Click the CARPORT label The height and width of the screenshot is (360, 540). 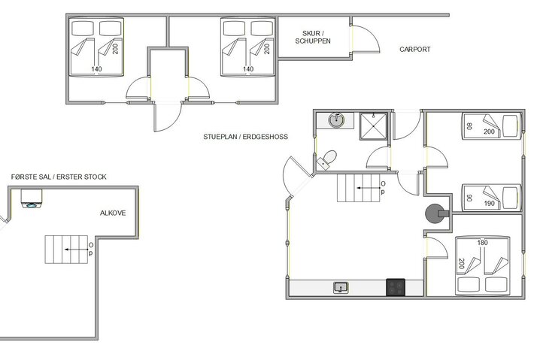(414, 49)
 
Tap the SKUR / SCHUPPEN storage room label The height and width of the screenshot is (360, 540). (313, 37)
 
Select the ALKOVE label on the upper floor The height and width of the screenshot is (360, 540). (113, 213)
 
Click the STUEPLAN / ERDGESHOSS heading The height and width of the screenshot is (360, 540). (245, 137)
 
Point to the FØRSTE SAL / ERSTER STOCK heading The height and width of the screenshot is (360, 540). (59, 177)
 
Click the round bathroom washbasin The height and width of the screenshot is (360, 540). (336, 119)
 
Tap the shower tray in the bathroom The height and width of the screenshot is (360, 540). (373, 126)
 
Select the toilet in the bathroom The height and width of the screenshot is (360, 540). (327, 159)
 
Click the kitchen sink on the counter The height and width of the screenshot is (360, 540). (341, 288)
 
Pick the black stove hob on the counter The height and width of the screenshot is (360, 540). (396, 287)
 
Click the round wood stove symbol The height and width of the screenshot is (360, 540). (435, 213)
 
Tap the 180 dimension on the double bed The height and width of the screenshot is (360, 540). (483, 243)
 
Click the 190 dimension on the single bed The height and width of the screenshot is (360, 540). (489, 204)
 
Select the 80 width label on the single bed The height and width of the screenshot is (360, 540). (469, 126)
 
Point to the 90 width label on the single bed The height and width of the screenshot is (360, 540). (469, 198)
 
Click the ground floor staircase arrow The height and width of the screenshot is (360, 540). (368, 188)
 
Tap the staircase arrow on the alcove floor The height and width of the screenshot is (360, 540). (75, 250)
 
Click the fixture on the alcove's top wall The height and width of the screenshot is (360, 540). (32, 198)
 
